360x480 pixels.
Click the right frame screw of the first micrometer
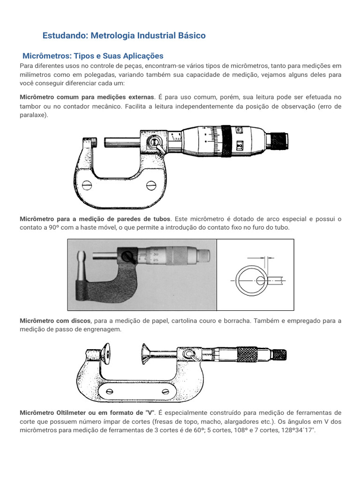coord(151,186)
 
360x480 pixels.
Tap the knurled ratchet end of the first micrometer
coord(280,140)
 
